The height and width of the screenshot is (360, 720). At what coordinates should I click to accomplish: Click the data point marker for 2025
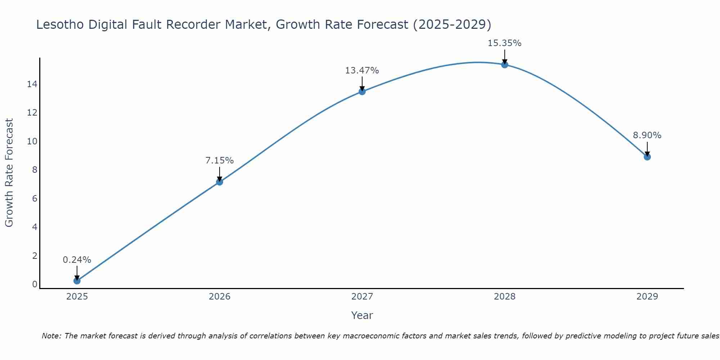point(77,280)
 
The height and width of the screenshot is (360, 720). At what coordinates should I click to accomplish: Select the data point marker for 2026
point(219,182)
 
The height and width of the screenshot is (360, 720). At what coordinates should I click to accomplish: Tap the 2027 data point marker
point(362,91)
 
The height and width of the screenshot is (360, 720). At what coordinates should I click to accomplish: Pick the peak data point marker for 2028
point(504,65)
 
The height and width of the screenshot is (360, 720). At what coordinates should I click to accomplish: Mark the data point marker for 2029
point(647,157)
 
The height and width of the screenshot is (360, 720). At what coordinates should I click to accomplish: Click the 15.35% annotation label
point(504,43)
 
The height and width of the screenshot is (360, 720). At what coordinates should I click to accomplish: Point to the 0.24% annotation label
point(77,260)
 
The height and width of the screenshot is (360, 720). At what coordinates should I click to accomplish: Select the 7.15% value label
point(219,160)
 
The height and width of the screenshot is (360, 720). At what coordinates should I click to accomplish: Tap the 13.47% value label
point(362,71)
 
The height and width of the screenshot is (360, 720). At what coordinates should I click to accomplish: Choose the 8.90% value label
point(647,135)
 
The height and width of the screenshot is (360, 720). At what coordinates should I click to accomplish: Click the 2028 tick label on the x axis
point(504,297)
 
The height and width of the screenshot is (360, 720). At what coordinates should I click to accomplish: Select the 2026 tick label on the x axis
point(219,297)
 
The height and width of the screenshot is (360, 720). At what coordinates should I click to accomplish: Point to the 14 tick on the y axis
point(32,84)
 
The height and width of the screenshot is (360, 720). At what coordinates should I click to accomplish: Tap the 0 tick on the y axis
point(35,284)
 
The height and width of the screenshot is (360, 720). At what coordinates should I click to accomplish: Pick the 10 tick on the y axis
point(32,141)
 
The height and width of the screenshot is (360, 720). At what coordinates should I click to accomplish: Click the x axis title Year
point(362,315)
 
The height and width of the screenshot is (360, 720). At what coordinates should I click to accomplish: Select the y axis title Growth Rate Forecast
point(9,172)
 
